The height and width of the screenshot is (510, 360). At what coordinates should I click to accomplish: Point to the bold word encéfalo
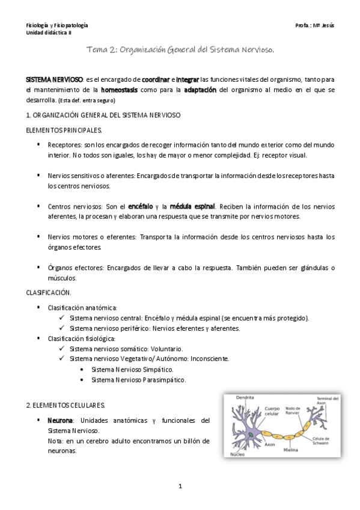pyautogui.click(x=141, y=206)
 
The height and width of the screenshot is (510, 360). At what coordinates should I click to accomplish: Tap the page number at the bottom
pyautogui.click(x=180, y=485)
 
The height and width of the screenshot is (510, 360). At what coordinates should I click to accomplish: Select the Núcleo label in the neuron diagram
pyautogui.click(x=238, y=455)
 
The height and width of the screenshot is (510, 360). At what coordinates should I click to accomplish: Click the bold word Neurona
pyautogui.click(x=60, y=420)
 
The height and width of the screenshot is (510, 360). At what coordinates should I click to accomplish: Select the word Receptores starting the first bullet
pyautogui.click(x=65, y=145)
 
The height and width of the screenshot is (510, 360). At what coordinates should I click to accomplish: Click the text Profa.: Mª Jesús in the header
pyautogui.click(x=315, y=25)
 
